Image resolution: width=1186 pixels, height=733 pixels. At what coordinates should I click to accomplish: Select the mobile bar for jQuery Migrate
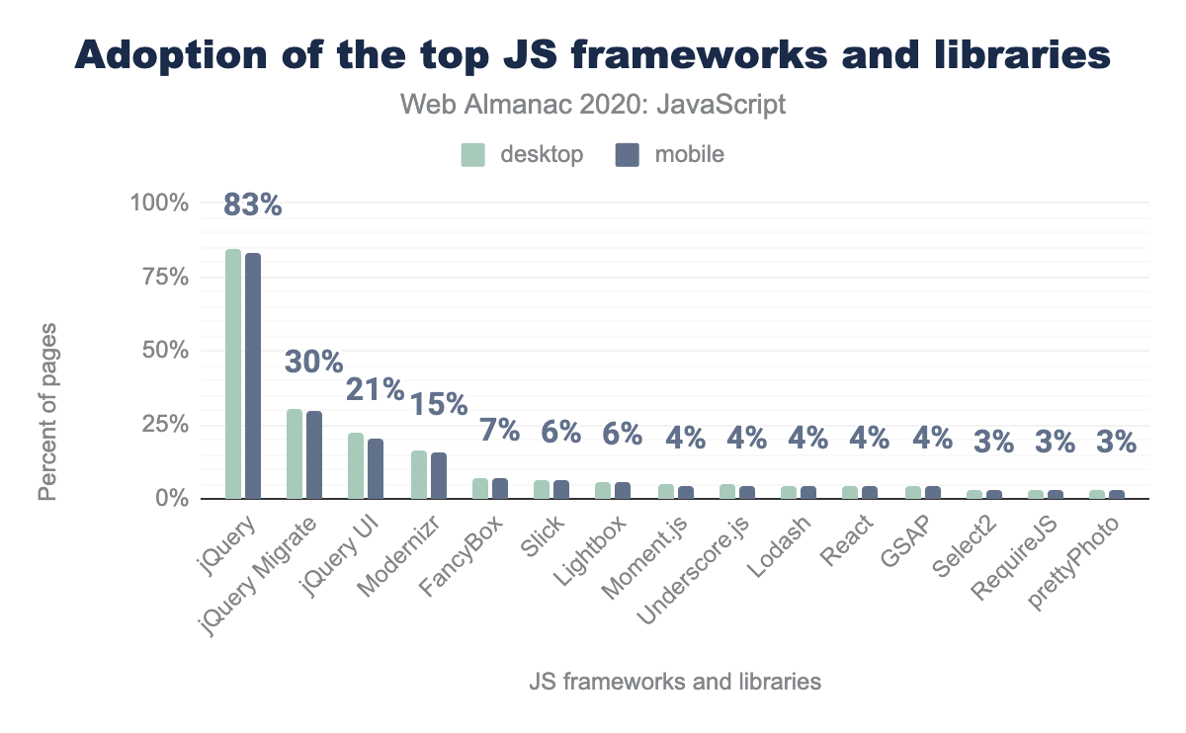click(314, 454)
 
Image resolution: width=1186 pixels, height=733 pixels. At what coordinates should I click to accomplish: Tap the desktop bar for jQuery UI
click(356, 465)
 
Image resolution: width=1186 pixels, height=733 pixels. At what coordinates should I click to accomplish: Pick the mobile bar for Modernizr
click(438, 475)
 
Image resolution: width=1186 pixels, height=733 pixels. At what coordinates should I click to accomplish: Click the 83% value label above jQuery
click(253, 204)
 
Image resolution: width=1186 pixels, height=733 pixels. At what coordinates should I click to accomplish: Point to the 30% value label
click(313, 362)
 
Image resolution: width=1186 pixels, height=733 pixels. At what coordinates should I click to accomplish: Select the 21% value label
click(375, 389)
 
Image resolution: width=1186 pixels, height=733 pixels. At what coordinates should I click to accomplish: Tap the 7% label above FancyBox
click(499, 431)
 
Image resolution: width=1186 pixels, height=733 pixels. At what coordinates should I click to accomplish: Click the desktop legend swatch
click(474, 155)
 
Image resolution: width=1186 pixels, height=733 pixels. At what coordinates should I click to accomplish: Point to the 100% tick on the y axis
click(159, 204)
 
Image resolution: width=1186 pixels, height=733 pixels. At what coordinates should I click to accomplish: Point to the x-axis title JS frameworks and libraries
click(675, 682)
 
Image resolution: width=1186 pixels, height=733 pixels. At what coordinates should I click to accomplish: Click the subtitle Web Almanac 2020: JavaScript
click(593, 105)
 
